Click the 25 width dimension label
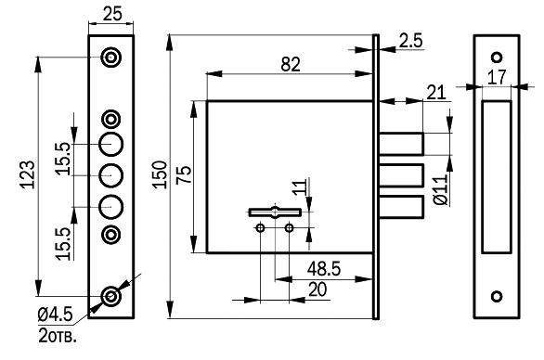point(112,14)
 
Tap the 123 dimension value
point(27,174)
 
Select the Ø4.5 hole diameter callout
point(56,315)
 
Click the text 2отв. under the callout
point(58,335)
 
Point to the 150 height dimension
point(160,174)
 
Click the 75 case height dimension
point(184,174)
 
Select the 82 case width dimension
point(291,64)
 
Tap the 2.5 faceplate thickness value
point(410,41)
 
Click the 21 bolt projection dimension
point(435,93)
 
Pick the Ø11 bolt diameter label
point(441,190)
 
